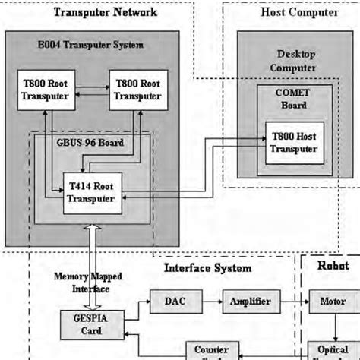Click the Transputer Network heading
(x=106, y=12)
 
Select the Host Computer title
(x=289, y=12)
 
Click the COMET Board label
(x=292, y=99)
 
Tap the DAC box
(x=172, y=302)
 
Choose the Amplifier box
(x=250, y=302)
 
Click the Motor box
(x=331, y=302)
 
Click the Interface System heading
(x=207, y=267)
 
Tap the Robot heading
(x=333, y=266)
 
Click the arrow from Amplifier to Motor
(x=293, y=302)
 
